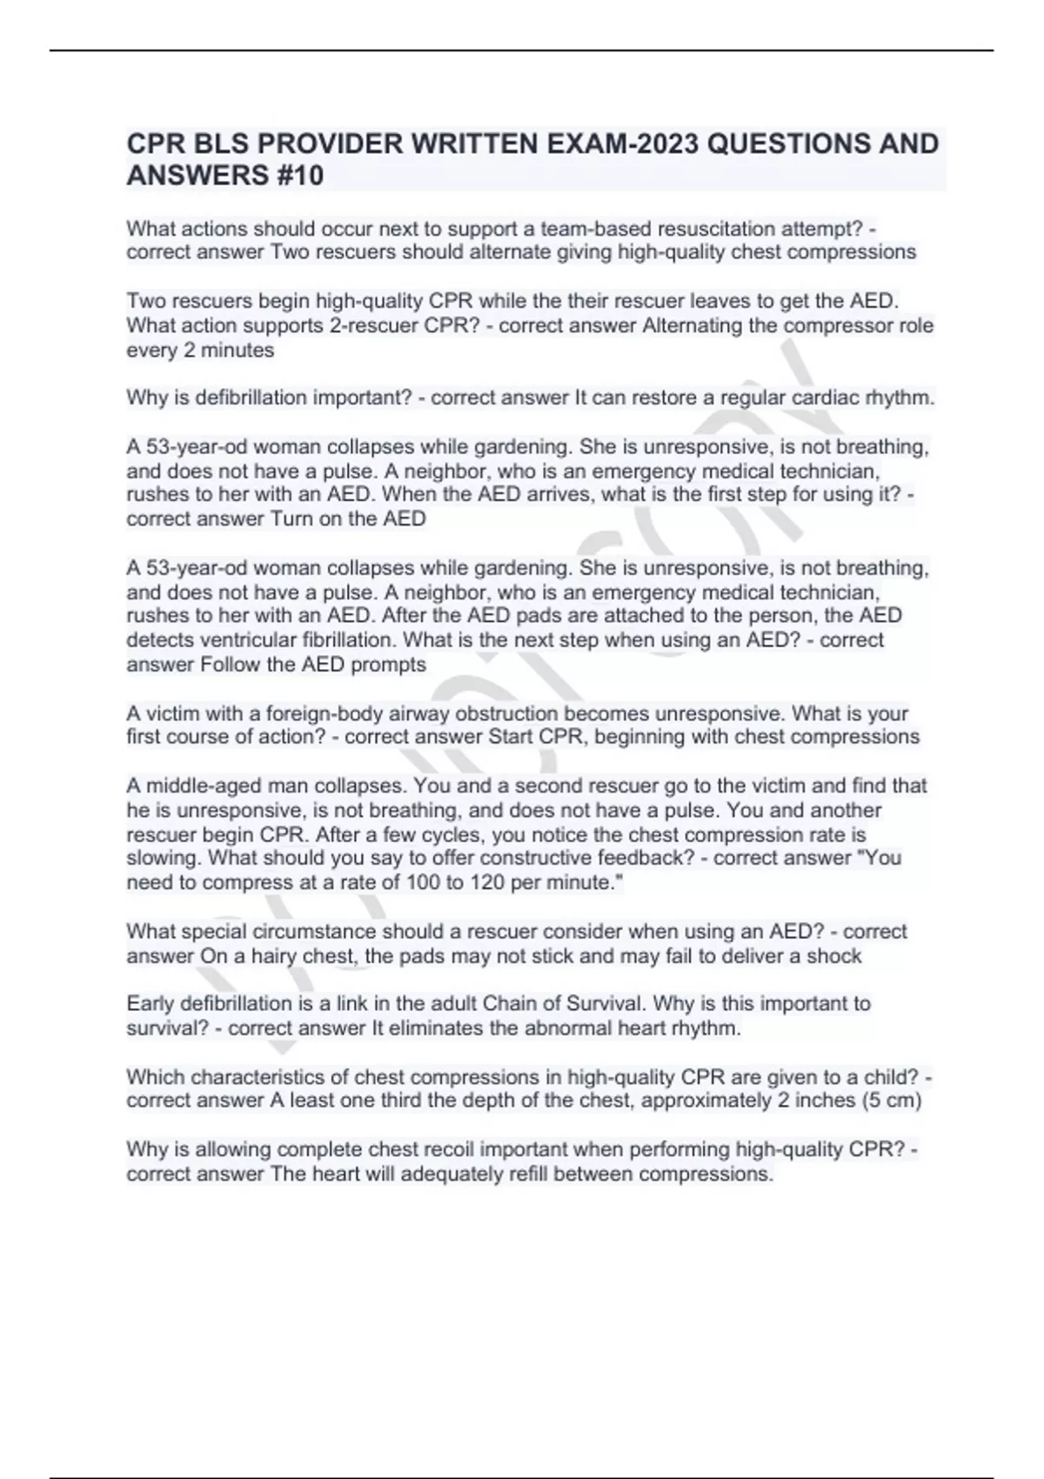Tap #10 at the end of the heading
[x=298, y=176]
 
